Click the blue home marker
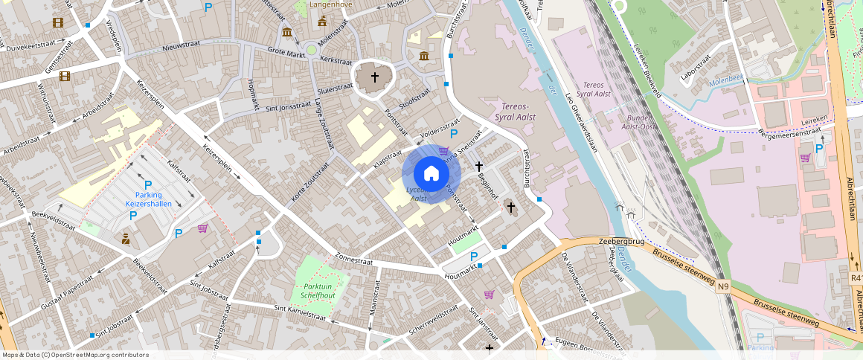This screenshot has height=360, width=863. point(431,174)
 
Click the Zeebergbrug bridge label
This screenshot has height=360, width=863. point(621,242)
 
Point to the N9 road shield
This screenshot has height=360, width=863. point(723,295)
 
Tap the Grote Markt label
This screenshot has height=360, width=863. point(286,53)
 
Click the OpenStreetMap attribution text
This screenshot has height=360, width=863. point(76,355)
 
